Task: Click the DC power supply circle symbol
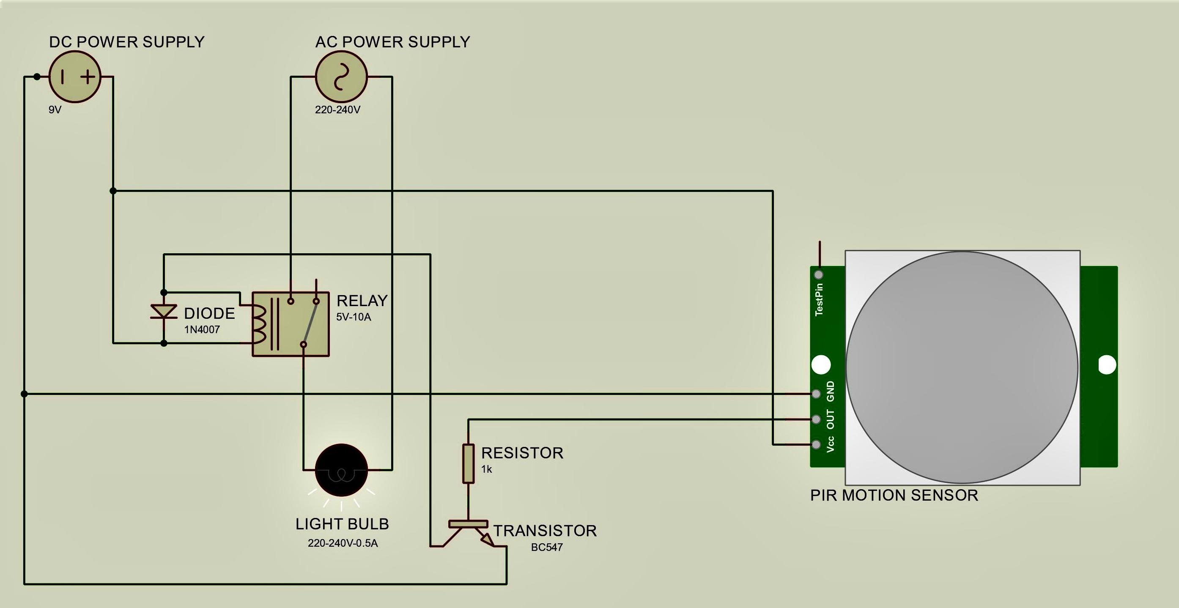click(x=74, y=77)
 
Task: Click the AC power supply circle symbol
click(x=341, y=77)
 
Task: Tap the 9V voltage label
click(x=55, y=110)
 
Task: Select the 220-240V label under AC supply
click(x=337, y=110)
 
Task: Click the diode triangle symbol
click(x=164, y=312)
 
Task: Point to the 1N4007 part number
click(x=202, y=329)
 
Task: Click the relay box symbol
click(x=291, y=324)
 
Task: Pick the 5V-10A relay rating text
click(x=354, y=317)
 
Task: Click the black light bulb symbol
click(x=341, y=470)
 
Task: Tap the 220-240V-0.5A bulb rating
click(x=343, y=543)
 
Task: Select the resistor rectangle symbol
click(x=468, y=463)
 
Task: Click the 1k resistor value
click(x=486, y=469)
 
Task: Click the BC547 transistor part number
click(x=546, y=547)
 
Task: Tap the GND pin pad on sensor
click(x=816, y=394)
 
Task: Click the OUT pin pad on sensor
click(x=816, y=419)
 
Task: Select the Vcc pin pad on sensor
click(x=816, y=444)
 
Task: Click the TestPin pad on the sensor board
click(x=819, y=274)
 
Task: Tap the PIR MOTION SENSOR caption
click(x=894, y=495)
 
